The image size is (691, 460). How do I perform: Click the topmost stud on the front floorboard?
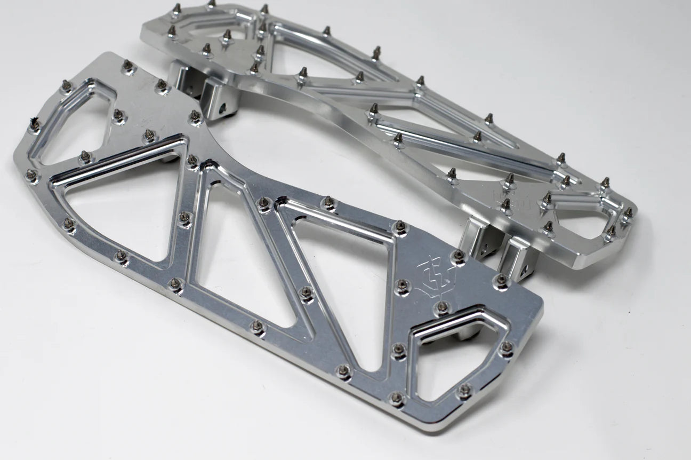click(x=127, y=66)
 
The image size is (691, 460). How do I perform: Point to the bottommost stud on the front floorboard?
click(x=396, y=398)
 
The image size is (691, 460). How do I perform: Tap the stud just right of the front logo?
click(x=457, y=256)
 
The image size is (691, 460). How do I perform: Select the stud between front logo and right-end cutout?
click(x=441, y=307)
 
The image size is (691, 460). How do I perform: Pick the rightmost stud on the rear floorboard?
click(x=628, y=213)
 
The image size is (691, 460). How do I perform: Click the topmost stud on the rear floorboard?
click(x=211, y=4)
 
